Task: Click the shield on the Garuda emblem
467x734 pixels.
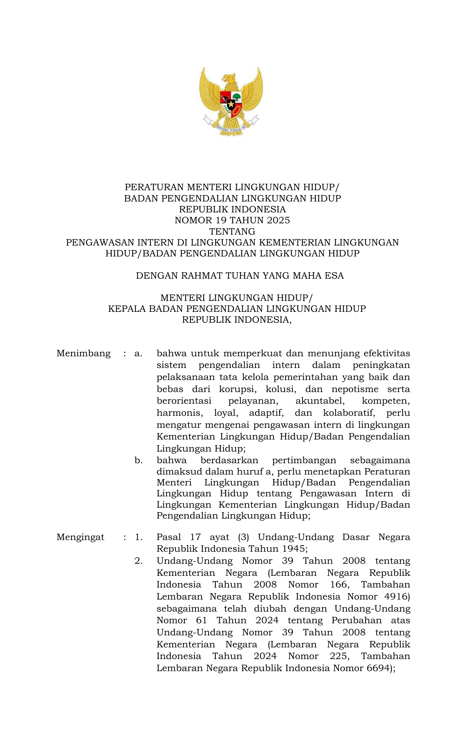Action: (x=231, y=104)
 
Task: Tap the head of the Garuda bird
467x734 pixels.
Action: (x=229, y=78)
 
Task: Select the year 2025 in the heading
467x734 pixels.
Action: (x=278, y=220)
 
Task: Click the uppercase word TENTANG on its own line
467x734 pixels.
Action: (x=232, y=231)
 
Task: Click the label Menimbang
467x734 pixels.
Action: (x=84, y=353)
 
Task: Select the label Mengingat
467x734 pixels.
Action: (x=81, y=537)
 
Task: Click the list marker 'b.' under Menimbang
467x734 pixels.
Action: (x=138, y=460)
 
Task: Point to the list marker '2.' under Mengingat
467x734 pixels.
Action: (x=138, y=561)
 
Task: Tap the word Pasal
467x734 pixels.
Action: (x=169, y=537)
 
